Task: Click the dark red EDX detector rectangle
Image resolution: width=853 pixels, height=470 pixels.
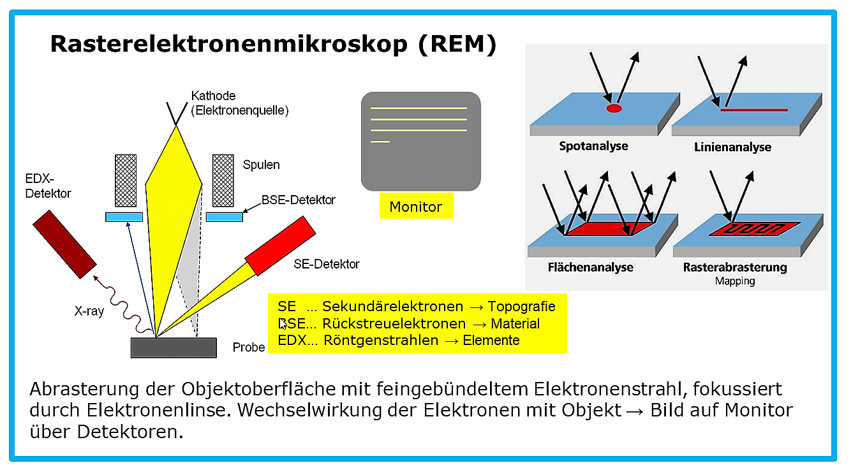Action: [x=64, y=244]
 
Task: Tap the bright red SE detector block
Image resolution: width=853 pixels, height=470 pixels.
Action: [x=280, y=246]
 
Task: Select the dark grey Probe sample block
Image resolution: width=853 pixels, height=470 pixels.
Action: [x=174, y=348]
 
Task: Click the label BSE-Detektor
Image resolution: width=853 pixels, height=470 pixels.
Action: [x=298, y=200]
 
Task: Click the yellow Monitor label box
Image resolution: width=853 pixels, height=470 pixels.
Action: [x=416, y=206]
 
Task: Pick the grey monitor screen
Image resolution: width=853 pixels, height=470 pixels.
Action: [x=421, y=141]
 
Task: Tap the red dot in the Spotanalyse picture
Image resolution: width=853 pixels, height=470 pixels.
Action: [x=614, y=108]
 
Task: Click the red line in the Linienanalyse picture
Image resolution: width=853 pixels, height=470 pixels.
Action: [x=754, y=110]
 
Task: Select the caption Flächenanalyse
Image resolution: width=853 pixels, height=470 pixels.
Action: [x=591, y=267]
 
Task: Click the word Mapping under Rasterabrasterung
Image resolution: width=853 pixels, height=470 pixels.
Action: [x=735, y=281]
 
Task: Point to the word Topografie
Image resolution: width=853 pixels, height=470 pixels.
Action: [x=521, y=306]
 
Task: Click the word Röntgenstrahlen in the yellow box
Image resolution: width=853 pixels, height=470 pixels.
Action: [x=381, y=340]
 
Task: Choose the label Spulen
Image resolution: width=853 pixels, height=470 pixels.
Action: [x=261, y=165]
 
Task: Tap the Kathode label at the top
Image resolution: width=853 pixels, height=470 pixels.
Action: [x=213, y=96]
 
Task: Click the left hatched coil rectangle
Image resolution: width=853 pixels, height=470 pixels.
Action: [x=126, y=180]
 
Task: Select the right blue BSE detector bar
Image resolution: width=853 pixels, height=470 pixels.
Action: [x=225, y=217]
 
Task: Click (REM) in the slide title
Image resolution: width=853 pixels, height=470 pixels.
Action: [x=457, y=44]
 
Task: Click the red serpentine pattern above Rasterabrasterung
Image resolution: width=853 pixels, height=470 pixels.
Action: [x=754, y=229]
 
